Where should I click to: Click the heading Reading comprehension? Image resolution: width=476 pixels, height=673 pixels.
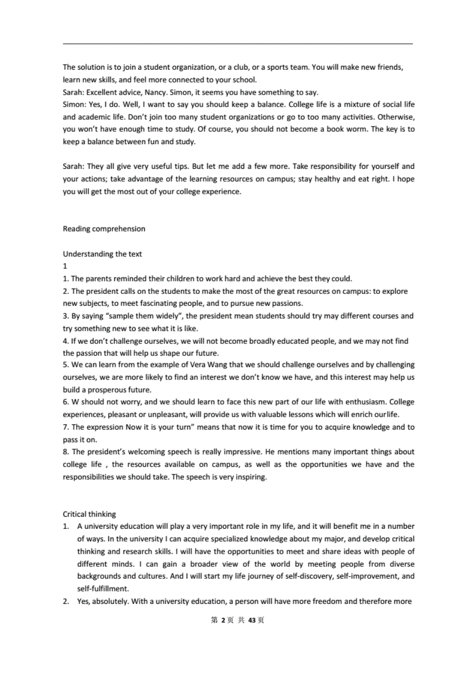point(104,229)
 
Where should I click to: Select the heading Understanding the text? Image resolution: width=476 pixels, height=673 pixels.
point(102,254)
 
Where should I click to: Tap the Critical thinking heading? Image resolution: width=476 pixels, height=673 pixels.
point(89,514)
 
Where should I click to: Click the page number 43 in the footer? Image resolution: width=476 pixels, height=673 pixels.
point(252,620)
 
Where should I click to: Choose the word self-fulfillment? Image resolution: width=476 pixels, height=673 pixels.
point(103,588)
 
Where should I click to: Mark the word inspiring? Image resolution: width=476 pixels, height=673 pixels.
point(250,477)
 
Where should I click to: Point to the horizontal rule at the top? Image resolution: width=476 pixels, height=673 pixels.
point(237,44)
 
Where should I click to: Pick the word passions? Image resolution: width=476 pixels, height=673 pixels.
point(287,303)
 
